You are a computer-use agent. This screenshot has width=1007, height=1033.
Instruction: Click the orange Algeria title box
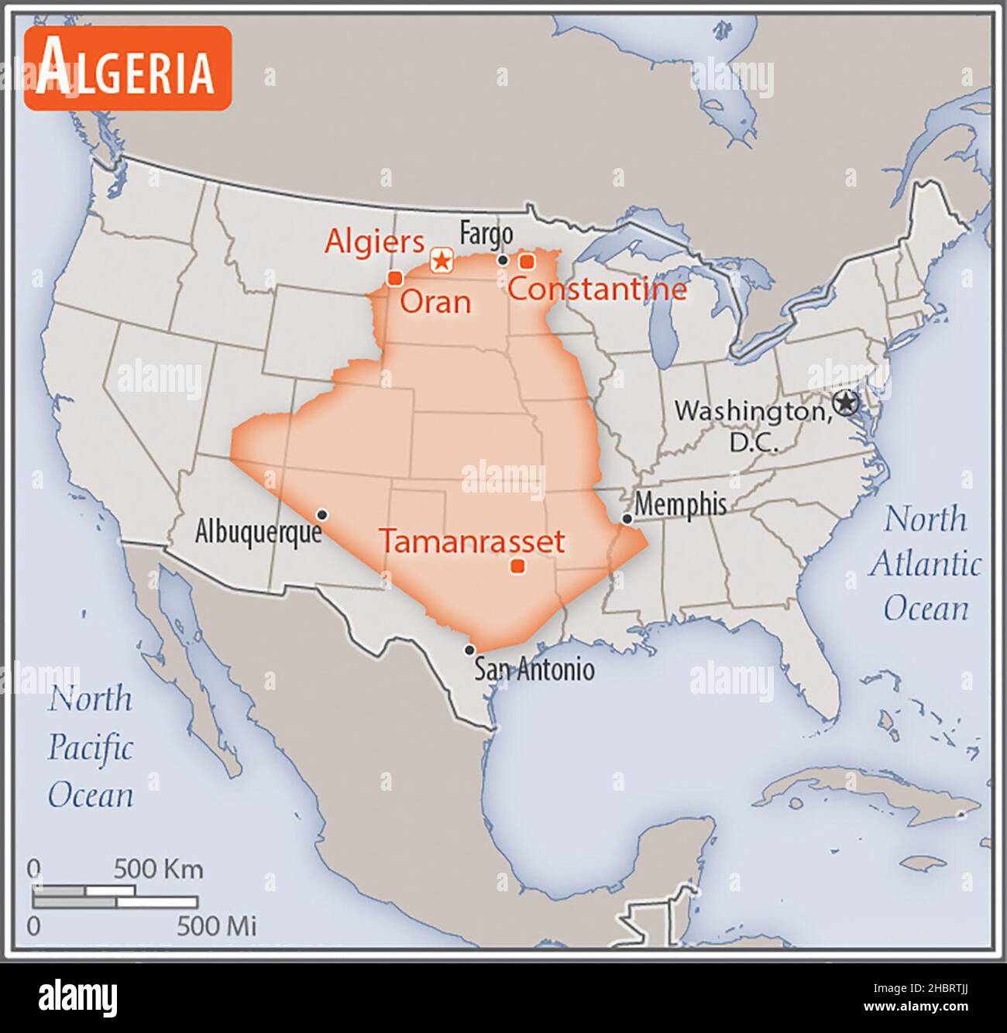128,69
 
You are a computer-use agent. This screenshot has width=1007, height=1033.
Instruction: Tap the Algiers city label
374,242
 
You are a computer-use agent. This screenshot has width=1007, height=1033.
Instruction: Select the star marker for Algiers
442,260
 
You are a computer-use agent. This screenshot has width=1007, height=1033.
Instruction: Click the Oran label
435,302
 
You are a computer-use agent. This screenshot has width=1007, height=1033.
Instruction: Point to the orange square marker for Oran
395,278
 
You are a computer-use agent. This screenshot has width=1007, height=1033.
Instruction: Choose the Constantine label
597,290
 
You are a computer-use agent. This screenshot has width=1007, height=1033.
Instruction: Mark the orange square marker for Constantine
527,262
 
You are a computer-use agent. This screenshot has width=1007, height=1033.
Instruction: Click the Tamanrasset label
472,541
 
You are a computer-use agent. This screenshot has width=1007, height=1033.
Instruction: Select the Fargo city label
486,233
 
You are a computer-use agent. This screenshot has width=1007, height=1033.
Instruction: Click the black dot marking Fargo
503,260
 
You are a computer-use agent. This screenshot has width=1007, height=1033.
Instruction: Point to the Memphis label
680,504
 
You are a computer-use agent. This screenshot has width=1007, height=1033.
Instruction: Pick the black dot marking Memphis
627,519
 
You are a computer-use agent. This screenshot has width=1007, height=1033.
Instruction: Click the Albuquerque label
258,532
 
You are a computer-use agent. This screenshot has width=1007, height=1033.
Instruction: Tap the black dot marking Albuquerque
322,515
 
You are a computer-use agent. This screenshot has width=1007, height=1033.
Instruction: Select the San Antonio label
534,669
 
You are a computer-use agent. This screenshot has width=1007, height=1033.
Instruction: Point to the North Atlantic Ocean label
925,563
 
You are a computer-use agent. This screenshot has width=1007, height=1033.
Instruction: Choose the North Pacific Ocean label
91,747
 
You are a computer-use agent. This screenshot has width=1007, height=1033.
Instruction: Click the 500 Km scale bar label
158,869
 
